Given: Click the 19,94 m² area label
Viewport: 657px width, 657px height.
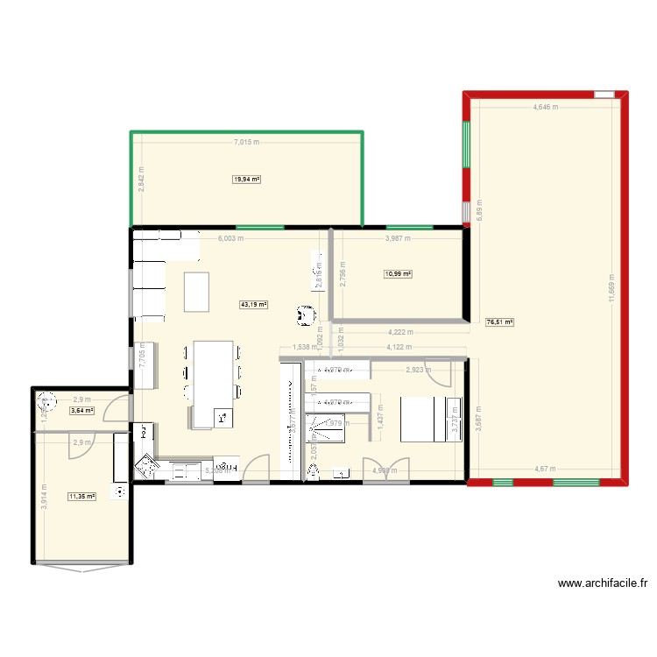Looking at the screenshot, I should click(246, 180).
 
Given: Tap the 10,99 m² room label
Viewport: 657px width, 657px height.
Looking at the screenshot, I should click(398, 274).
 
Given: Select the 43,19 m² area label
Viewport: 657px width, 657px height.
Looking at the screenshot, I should click(254, 305).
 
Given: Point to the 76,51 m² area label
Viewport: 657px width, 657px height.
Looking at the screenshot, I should click(499, 322).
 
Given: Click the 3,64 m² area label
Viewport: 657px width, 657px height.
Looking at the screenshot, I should click(81, 410).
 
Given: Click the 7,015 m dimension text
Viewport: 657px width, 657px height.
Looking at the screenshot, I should click(247, 142).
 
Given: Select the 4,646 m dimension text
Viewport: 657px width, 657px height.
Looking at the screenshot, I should click(547, 108).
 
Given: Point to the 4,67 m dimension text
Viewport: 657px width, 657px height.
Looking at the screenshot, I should click(547, 470).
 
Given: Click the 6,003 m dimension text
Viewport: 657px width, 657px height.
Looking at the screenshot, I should click(230, 238).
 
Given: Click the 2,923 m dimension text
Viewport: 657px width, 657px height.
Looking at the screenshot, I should click(419, 371).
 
